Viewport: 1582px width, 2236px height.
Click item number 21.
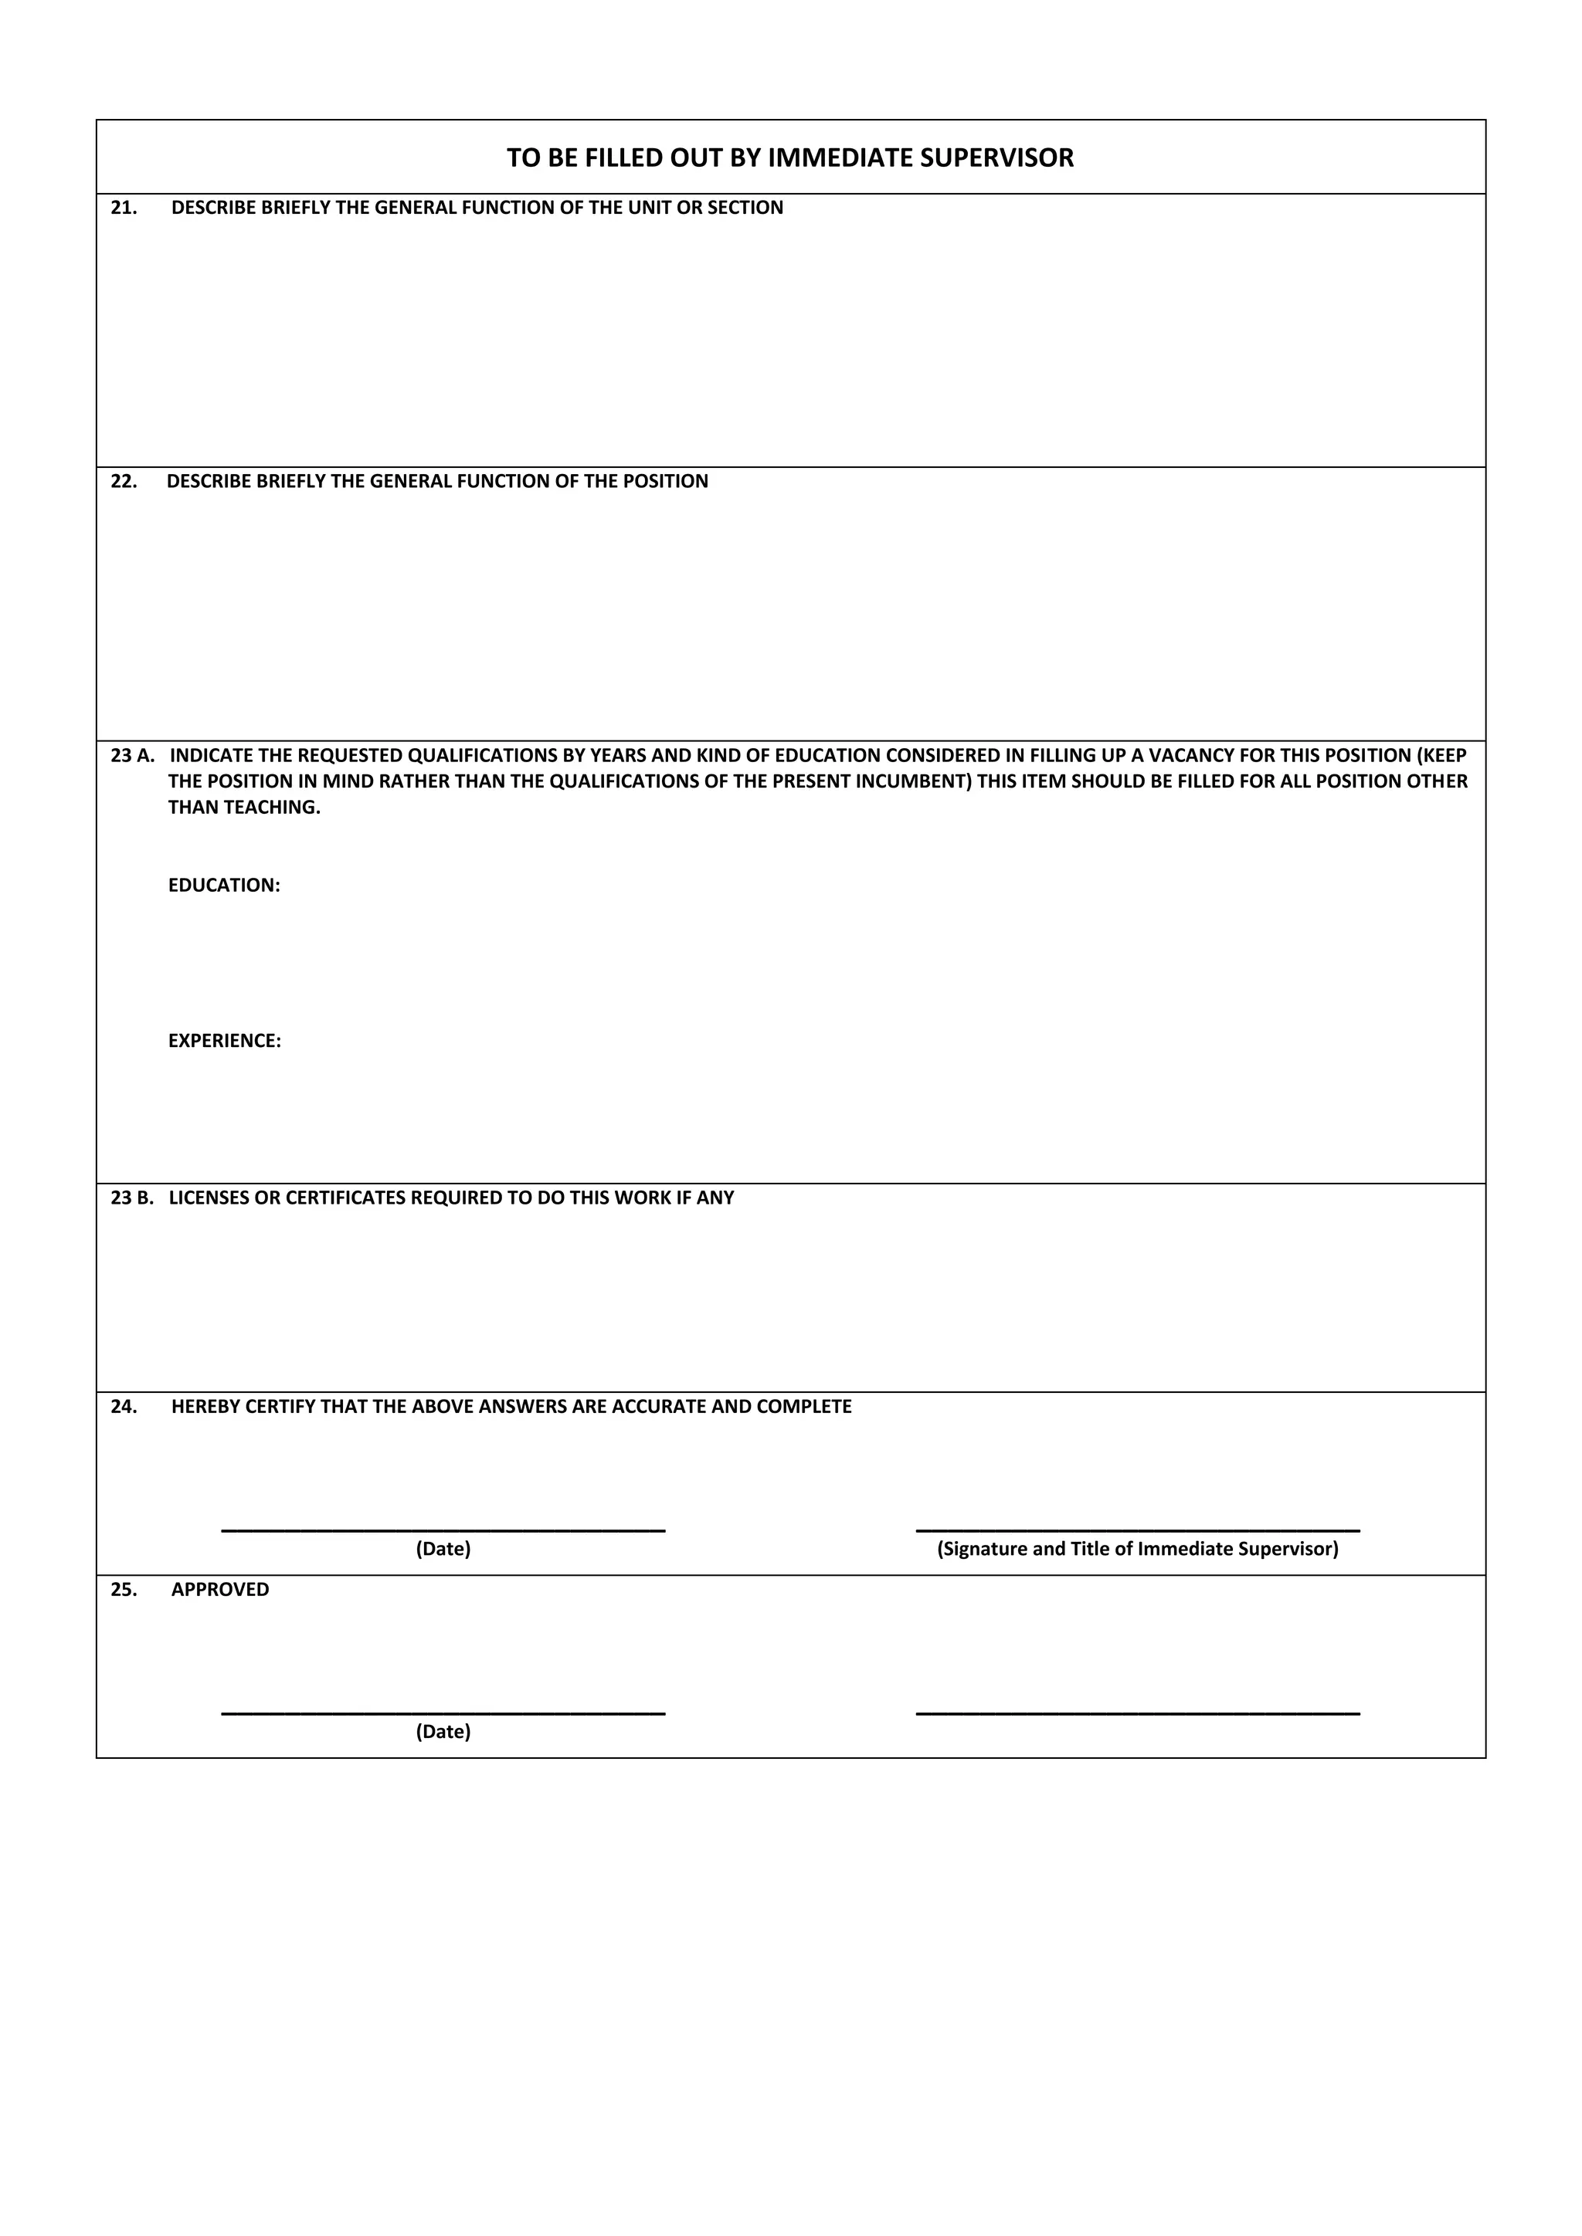tap(124, 208)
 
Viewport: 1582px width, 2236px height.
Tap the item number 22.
tap(124, 481)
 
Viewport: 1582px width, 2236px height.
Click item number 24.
tap(124, 1406)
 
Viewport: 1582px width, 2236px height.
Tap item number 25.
tap(124, 1589)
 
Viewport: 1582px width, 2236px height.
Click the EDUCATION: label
tap(224, 886)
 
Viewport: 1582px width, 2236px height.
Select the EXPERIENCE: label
tap(224, 1041)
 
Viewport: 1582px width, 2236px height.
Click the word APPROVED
tap(220, 1589)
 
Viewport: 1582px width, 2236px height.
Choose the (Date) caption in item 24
tap(443, 1549)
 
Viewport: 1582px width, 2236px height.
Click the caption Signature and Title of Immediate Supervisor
tap(1138, 1549)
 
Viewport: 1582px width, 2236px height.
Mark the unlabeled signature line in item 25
tap(1138, 1712)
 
